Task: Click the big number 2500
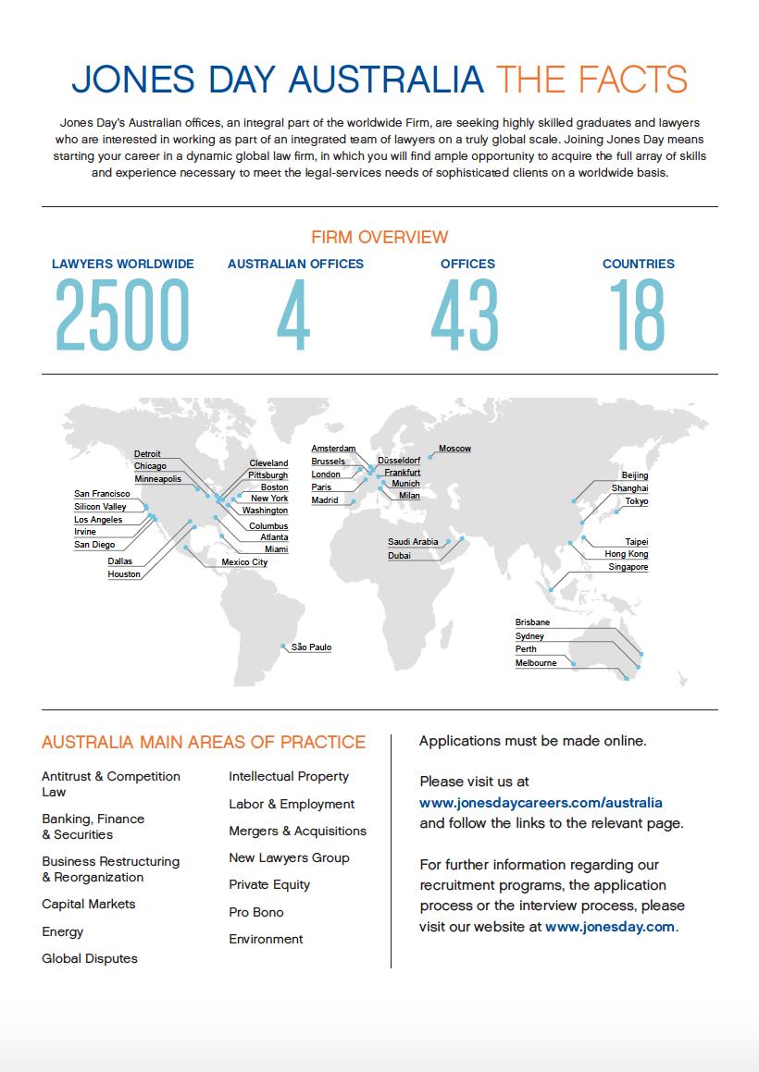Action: [122, 314]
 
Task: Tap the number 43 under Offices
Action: [465, 314]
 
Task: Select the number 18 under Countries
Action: [638, 314]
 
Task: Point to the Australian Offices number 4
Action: [293, 314]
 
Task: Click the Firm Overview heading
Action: [379, 238]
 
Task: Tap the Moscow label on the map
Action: [454, 449]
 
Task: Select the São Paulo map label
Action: [311, 647]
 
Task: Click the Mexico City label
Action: [244, 562]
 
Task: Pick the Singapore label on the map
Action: [628, 567]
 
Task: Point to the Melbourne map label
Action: [536, 663]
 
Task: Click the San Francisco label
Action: [102, 494]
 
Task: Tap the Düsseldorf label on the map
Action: [399, 460]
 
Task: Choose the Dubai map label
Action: [399, 556]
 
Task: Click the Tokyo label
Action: [636, 501]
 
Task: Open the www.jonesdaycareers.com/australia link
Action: [541, 803]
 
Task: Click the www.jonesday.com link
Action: [610, 926]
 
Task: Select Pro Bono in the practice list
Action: [256, 912]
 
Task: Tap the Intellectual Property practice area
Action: [289, 776]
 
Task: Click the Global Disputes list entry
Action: [90, 958]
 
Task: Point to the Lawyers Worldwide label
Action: [123, 264]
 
